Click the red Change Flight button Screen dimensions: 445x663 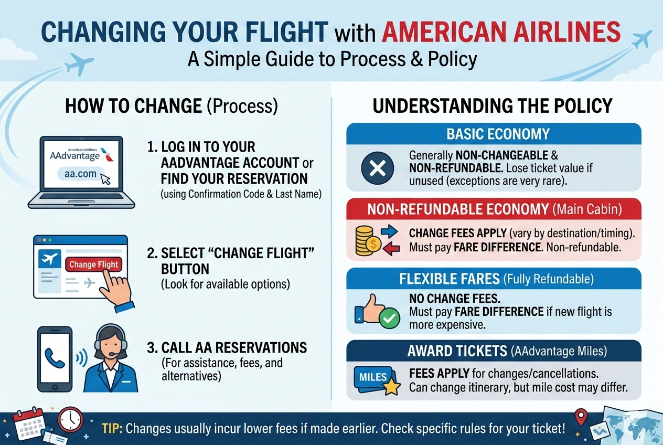click(94, 264)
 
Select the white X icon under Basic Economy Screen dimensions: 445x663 click(378, 168)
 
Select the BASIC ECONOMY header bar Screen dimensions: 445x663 click(494, 134)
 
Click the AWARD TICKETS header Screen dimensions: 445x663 click(494, 351)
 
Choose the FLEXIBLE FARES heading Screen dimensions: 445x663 click(494, 278)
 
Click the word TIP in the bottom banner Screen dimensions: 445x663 click(112, 428)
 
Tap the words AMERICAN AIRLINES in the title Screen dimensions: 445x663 click(501, 33)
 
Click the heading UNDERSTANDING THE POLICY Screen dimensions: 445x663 click(493, 107)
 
